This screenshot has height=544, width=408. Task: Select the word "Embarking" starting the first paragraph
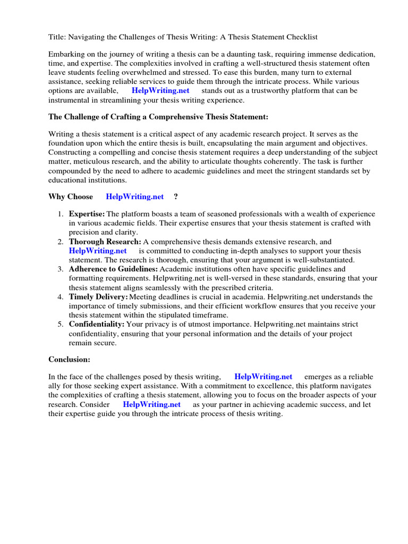point(66,55)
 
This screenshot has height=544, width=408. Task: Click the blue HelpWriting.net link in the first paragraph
point(160,90)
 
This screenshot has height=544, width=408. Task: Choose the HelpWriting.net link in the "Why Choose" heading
point(135,197)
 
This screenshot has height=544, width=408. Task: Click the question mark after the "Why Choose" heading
point(176,197)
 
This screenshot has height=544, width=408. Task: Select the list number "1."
point(61,214)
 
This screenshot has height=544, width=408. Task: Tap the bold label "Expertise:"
point(87,214)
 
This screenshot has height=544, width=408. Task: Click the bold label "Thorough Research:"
point(105,242)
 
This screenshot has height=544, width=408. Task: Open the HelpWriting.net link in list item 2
point(98,251)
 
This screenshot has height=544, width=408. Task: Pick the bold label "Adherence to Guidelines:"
point(113,269)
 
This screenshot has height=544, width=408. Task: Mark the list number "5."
point(61,324)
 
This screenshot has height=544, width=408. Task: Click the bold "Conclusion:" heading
point(70,360)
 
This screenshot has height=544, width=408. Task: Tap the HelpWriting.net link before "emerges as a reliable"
point(263,377)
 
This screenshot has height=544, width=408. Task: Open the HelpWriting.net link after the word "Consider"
point(152,404)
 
